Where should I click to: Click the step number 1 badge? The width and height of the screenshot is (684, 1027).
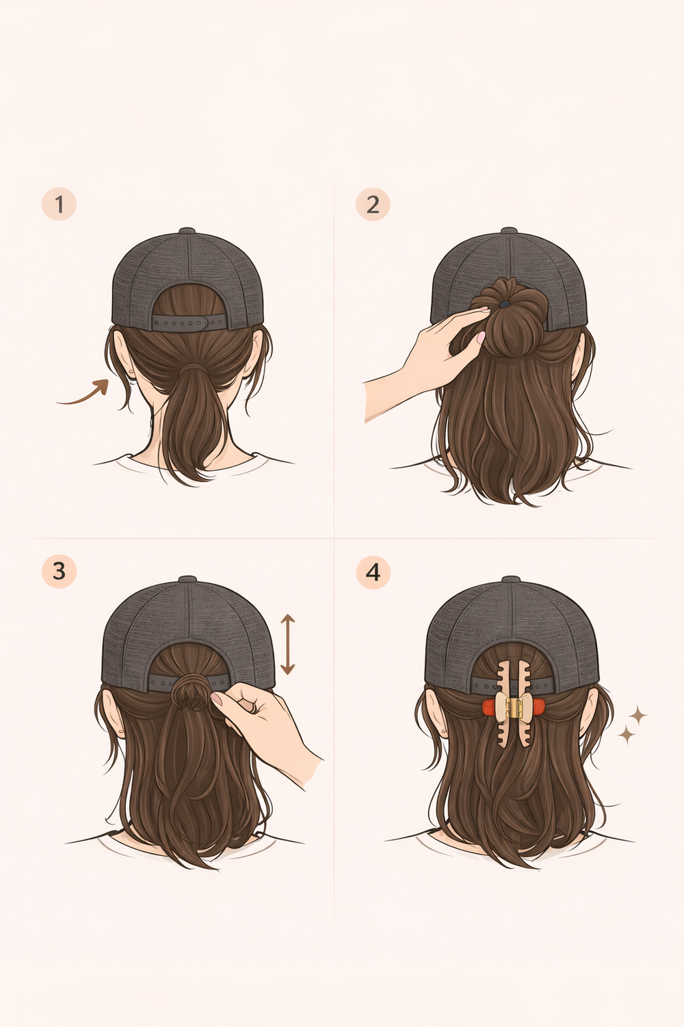coord(59,204)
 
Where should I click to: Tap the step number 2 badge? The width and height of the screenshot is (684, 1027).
coord(373,204)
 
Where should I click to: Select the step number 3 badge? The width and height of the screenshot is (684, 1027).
coord(59,571)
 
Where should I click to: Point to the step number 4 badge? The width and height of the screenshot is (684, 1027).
coord(373,572)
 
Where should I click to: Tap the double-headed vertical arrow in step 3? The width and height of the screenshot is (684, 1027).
coord(288,644)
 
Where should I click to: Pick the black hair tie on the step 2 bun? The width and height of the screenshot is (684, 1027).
coord(504,304)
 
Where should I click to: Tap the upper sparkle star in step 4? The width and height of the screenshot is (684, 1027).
coord(637,715)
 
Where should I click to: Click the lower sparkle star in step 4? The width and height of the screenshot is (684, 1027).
coord(626,735)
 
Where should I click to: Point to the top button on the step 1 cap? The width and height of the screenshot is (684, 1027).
coord(187,230)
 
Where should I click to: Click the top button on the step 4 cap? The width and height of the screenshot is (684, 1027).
coord(511,579)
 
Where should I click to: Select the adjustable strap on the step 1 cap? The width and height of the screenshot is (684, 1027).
coord(189,322)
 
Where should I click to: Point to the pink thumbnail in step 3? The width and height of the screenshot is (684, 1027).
coord(216,698)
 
